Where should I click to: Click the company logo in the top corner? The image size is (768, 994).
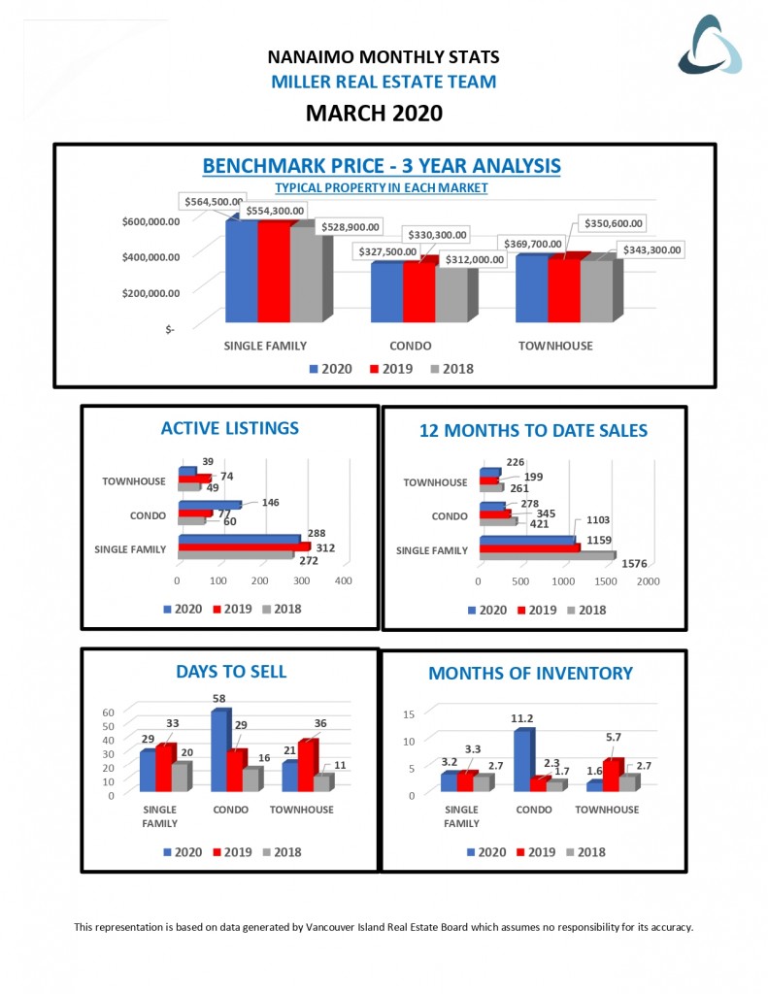pos(710,46)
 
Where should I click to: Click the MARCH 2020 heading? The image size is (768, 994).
pos(374,114)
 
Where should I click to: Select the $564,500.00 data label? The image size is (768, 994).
pos(212,201)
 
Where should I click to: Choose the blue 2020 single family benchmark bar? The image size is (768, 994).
pos(242,272)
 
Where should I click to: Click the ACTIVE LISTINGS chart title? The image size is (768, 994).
pos(230,428)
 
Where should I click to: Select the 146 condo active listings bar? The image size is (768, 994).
pos(209,505)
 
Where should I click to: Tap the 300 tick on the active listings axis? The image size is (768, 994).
pos(302,580)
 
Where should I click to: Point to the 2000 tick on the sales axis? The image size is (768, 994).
pos(648,580)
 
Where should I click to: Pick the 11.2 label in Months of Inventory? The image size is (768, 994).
pos(521,719)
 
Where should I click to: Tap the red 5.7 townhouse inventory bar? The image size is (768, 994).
pos(611,776)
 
